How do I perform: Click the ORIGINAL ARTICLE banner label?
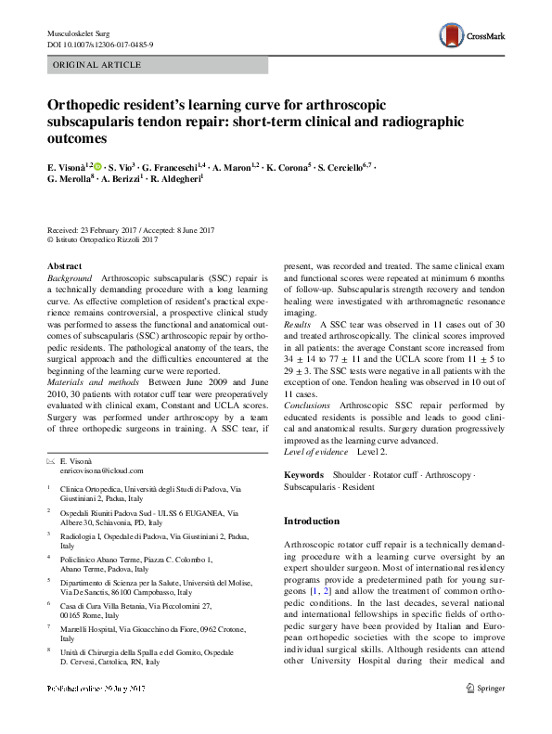coord(96,66)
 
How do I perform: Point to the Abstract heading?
coord(64,264)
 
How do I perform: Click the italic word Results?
coord(297,325)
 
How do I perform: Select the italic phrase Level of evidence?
coord(315,452)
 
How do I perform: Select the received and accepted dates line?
coord(131,229)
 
